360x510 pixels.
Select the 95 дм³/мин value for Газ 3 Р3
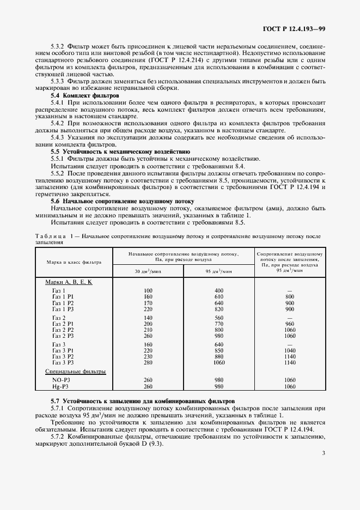click(x=219, y=362)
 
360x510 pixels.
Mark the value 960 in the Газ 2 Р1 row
click(x=289, y=324)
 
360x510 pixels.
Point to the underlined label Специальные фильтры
click(x=75, y=371)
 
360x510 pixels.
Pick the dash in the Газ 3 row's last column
click(x=289, y=345)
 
